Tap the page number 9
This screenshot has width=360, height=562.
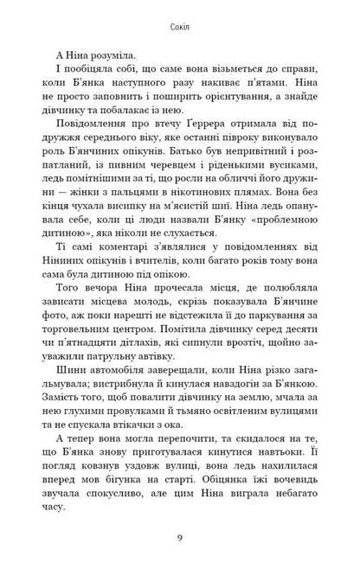click(180, 538)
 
